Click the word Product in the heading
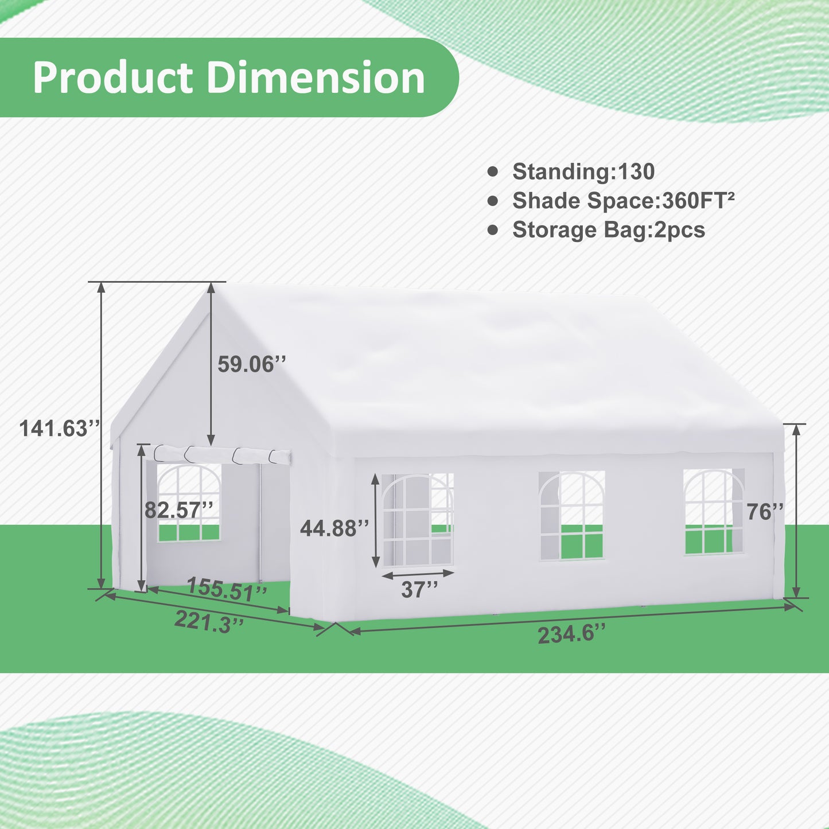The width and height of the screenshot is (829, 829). [x=112, y=78]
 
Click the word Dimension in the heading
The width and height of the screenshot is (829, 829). [x=316, y=78]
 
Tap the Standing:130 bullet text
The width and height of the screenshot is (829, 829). [x=583, y=172]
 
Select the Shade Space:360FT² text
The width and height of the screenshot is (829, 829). [x=623, y=201]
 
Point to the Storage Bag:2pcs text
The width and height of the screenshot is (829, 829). [x=608, y=230]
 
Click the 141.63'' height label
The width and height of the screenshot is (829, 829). [x=60, y=429]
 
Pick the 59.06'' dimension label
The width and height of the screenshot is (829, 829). [x=251, y=364]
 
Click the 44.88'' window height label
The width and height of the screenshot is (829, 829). [x=334, y=528]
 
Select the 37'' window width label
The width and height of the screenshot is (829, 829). [x=419, y=590]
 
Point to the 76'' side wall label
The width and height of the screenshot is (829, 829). [x=765, y=512]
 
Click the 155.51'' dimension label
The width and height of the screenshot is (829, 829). [x=227, y=589]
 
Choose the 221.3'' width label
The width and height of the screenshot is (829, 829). [x=209, y=622]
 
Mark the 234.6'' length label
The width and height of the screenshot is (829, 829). [x=571, y=635]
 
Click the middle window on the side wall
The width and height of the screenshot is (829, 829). [x=572, y=515]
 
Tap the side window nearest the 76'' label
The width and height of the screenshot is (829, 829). [x=713, y=512]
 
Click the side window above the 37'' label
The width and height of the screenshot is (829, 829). [x=418, y=520]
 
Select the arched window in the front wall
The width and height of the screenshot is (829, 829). [x=189, y=503]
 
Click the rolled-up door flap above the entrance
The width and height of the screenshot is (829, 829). [x=223, y=454]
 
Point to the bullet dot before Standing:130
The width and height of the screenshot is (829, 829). [x=493, y=172]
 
